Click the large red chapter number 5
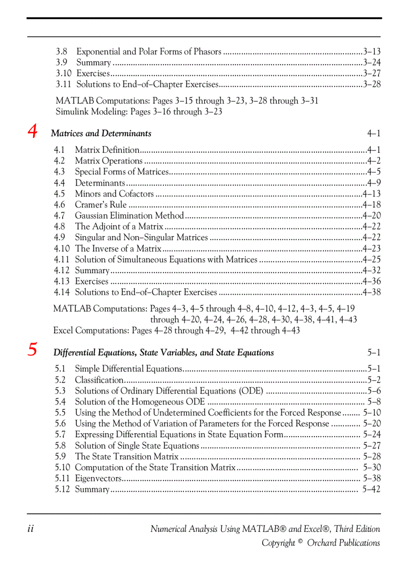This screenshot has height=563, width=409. (x=33, y=349)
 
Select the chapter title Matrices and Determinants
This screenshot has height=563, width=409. (x=101, y=133)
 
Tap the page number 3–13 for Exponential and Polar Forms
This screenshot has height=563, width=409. (x=371, y=52)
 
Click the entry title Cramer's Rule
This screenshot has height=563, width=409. (x=100, y=205)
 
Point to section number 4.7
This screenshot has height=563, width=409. (x=60, y=216)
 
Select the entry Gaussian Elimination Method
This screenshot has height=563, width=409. (x=129, y=216)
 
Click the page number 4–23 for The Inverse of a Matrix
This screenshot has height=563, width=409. (x=371, y=249)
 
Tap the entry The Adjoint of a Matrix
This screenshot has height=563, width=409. (x=119, y=227)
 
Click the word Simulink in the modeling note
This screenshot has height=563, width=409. (x=72, y=112)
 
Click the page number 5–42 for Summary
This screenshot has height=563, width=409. (x=371, y=489)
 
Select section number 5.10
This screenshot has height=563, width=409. (x=62, y=467)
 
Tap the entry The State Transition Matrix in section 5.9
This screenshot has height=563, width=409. (x=126, y=456)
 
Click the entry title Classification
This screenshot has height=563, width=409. (x=99, y=380)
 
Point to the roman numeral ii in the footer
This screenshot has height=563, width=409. (x=31, y=529)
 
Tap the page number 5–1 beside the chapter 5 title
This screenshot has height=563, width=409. (x=373, y=352)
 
